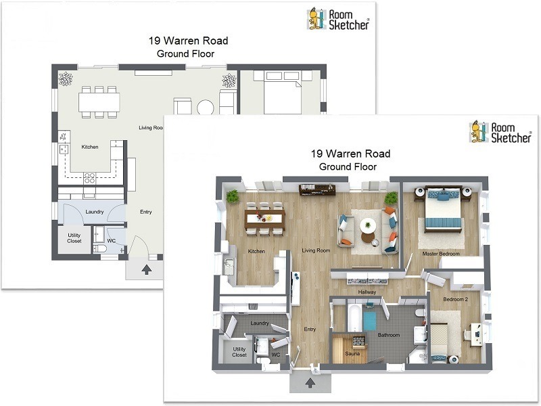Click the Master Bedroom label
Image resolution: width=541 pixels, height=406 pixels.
point(441,254)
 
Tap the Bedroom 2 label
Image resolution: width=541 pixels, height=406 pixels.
point(454,298)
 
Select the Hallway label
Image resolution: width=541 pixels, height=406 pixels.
point(367,292)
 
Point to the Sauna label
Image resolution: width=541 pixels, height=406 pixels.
point(351,353)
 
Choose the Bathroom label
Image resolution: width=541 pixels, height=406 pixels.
point(389,335)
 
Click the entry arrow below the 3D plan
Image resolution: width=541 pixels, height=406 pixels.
point(310,384)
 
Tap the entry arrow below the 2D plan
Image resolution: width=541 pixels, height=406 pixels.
point(146,270)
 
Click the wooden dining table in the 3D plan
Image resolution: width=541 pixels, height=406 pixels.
point(265,217)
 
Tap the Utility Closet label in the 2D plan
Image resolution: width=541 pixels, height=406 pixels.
point(74,238)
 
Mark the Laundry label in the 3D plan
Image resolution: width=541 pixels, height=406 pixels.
point(260,323)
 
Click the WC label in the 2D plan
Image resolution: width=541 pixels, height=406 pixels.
point(112,240)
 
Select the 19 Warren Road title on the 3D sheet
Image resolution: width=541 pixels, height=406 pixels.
point(350,154)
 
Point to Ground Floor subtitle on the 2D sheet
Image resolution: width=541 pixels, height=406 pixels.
point(184,53)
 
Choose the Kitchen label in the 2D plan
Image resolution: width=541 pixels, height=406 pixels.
point(90,147)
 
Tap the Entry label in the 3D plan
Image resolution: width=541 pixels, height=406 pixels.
point(310,330)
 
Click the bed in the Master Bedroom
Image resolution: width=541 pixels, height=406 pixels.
point(442,208)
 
